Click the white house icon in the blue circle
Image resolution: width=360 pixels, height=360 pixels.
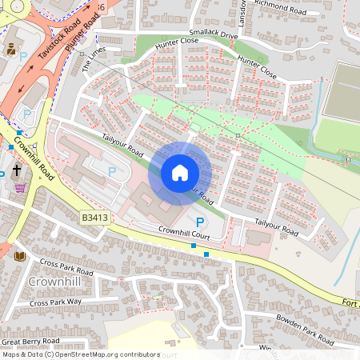click(180, 173)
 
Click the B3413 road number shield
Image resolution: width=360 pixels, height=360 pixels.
click(94, 217)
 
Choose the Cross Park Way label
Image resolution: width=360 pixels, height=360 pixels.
click(55, 302)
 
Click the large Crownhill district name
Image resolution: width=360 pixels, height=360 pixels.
click(52, 283)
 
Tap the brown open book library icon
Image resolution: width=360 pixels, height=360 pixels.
click(20, 256)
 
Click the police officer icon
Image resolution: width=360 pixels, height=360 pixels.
click(12, 49)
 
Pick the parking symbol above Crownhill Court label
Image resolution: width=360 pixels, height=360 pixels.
click(200, 222)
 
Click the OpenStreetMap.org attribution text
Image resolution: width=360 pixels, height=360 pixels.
click(107, 354)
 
